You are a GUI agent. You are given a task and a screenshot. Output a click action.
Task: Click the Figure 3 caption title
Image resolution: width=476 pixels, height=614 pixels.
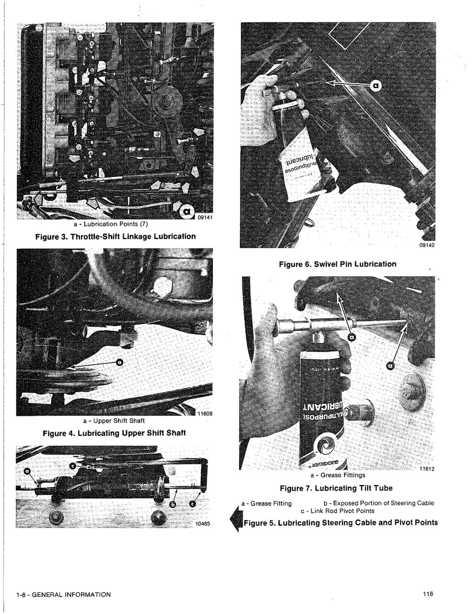116,236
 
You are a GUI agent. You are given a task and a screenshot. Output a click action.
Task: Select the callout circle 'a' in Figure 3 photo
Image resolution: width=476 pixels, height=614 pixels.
187,212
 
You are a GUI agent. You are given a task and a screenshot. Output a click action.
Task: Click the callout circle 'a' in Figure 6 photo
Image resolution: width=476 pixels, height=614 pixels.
376,85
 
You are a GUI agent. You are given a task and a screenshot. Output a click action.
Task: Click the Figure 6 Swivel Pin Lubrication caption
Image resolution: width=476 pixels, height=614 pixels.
337,264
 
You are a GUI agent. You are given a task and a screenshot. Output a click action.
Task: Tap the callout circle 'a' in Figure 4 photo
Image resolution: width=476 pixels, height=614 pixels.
119,363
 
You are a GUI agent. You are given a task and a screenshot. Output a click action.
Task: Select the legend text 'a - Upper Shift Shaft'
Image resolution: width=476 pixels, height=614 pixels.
114,420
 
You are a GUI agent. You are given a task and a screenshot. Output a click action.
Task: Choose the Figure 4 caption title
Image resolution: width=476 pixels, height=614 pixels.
114,433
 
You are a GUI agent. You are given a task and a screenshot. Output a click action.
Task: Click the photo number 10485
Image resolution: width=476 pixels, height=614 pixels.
202,523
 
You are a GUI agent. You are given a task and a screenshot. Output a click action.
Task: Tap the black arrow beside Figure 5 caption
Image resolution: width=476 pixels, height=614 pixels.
236,519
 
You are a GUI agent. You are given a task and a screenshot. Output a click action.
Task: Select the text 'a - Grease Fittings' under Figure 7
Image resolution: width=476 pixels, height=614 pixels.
337,475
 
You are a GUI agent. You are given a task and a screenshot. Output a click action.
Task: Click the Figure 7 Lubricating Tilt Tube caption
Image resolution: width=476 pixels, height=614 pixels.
336,488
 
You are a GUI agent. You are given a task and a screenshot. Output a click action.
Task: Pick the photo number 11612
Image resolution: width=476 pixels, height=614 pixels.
426,469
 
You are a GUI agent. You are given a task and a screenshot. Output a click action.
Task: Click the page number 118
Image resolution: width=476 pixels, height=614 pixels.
428,594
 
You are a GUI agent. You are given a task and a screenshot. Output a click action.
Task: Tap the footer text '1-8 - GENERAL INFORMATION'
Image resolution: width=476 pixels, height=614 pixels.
63,594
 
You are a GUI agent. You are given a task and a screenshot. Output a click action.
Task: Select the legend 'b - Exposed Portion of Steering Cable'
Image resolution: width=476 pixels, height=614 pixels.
378,503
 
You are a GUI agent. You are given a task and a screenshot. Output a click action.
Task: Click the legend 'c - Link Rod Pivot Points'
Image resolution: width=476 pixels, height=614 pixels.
337,511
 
